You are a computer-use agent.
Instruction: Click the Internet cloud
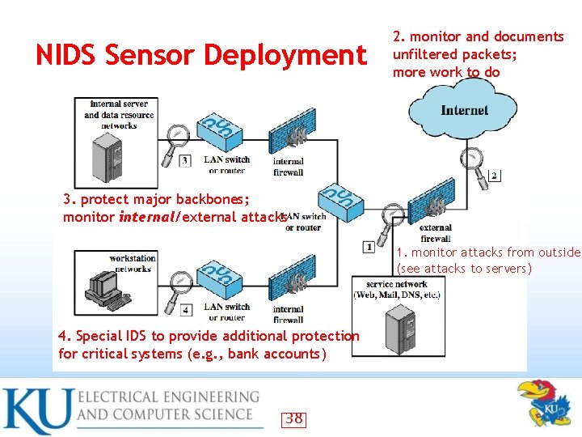pyautogui.click(x=464, y=112)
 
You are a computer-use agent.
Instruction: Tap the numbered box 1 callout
pyautogui.click(x=369, y=246)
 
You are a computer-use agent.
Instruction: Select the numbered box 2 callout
pyautogui.click(x=495, y=176)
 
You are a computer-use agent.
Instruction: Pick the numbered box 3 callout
pyautogui.click(x=185, y=161)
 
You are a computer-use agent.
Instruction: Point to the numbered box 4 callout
pyautogui.click(x=186, y=309)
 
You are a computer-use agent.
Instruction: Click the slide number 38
pyautogui.click(x=294, y=418)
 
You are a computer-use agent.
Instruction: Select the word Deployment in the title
pyautogui.click(x=285, y=55)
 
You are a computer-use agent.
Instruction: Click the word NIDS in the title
pyautogui.click(x=67, y=55)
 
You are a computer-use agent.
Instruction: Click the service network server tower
pyautogui.click(x=399, y=327)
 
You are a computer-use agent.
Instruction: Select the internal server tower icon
pyautogui.click(x=108, y=156)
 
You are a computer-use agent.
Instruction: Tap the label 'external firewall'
pyautogui.click(x=436, y=233)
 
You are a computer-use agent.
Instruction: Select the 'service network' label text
pyautogui.click(x=397, y=284)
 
